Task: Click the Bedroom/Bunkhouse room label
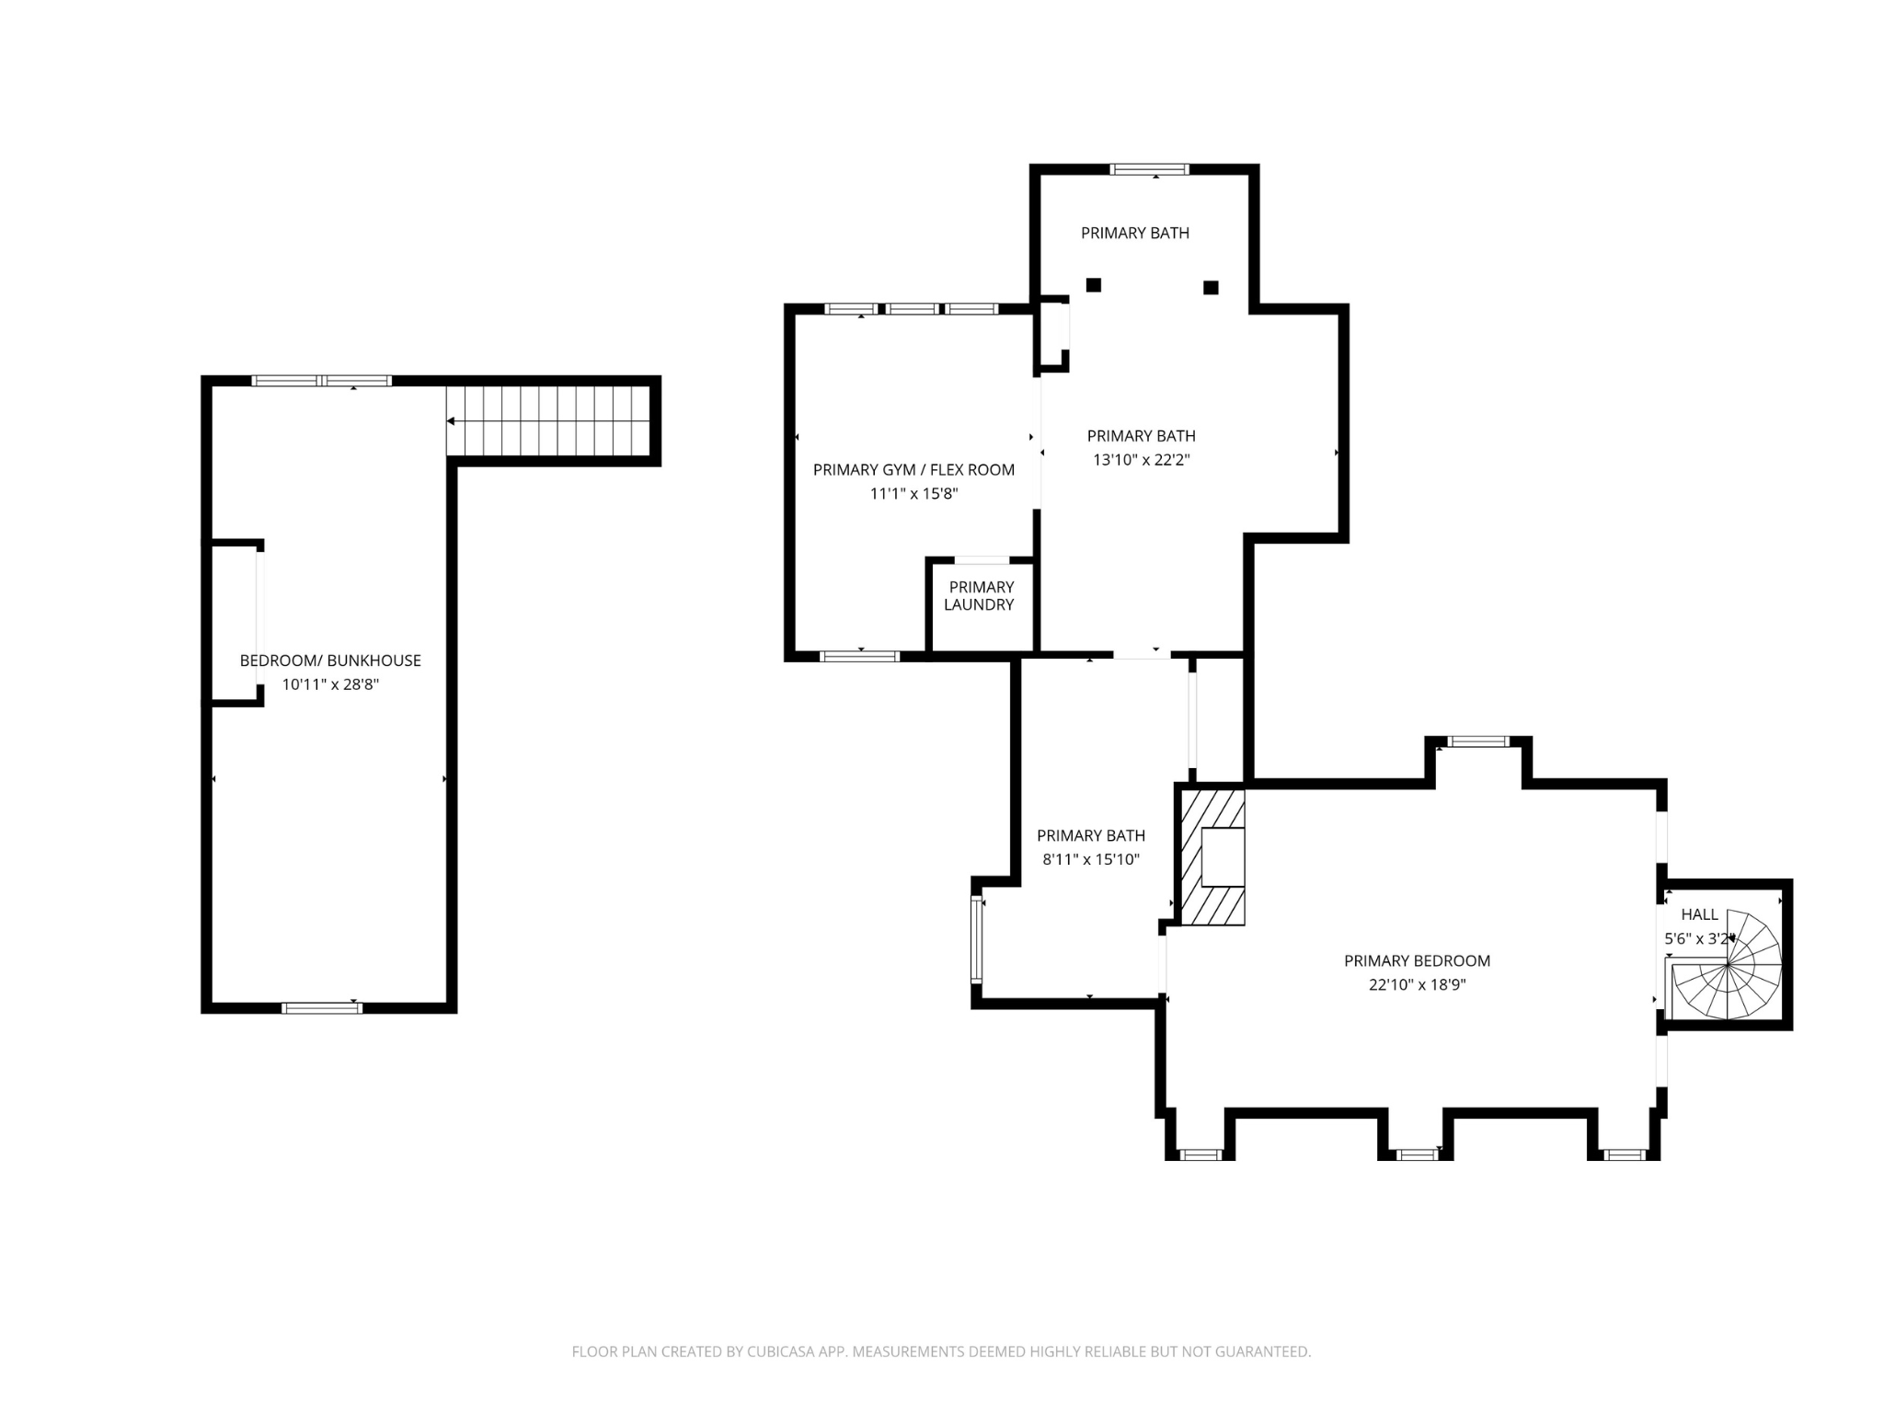point(330,661)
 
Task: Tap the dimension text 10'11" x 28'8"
point(330,684)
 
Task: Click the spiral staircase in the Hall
point(1728,965)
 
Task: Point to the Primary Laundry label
point(980,595)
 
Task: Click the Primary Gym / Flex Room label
point(913,470)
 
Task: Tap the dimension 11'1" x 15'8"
point(913,494)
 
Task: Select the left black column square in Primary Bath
point(1093,285)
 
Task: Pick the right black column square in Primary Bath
point(1211,288)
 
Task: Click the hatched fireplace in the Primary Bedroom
point(1212,856)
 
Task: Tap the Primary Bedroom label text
point(1417,961)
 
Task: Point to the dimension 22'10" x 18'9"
point(1417,985)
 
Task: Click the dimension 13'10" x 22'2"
point(1141,460)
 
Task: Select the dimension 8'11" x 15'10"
point(1090,860)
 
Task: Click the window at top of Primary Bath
point(1149,169)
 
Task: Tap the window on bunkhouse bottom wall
point(322,1008)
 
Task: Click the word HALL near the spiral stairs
point(1699,914)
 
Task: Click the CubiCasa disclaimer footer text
point(941,1351)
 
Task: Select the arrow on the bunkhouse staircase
point(452,421)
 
